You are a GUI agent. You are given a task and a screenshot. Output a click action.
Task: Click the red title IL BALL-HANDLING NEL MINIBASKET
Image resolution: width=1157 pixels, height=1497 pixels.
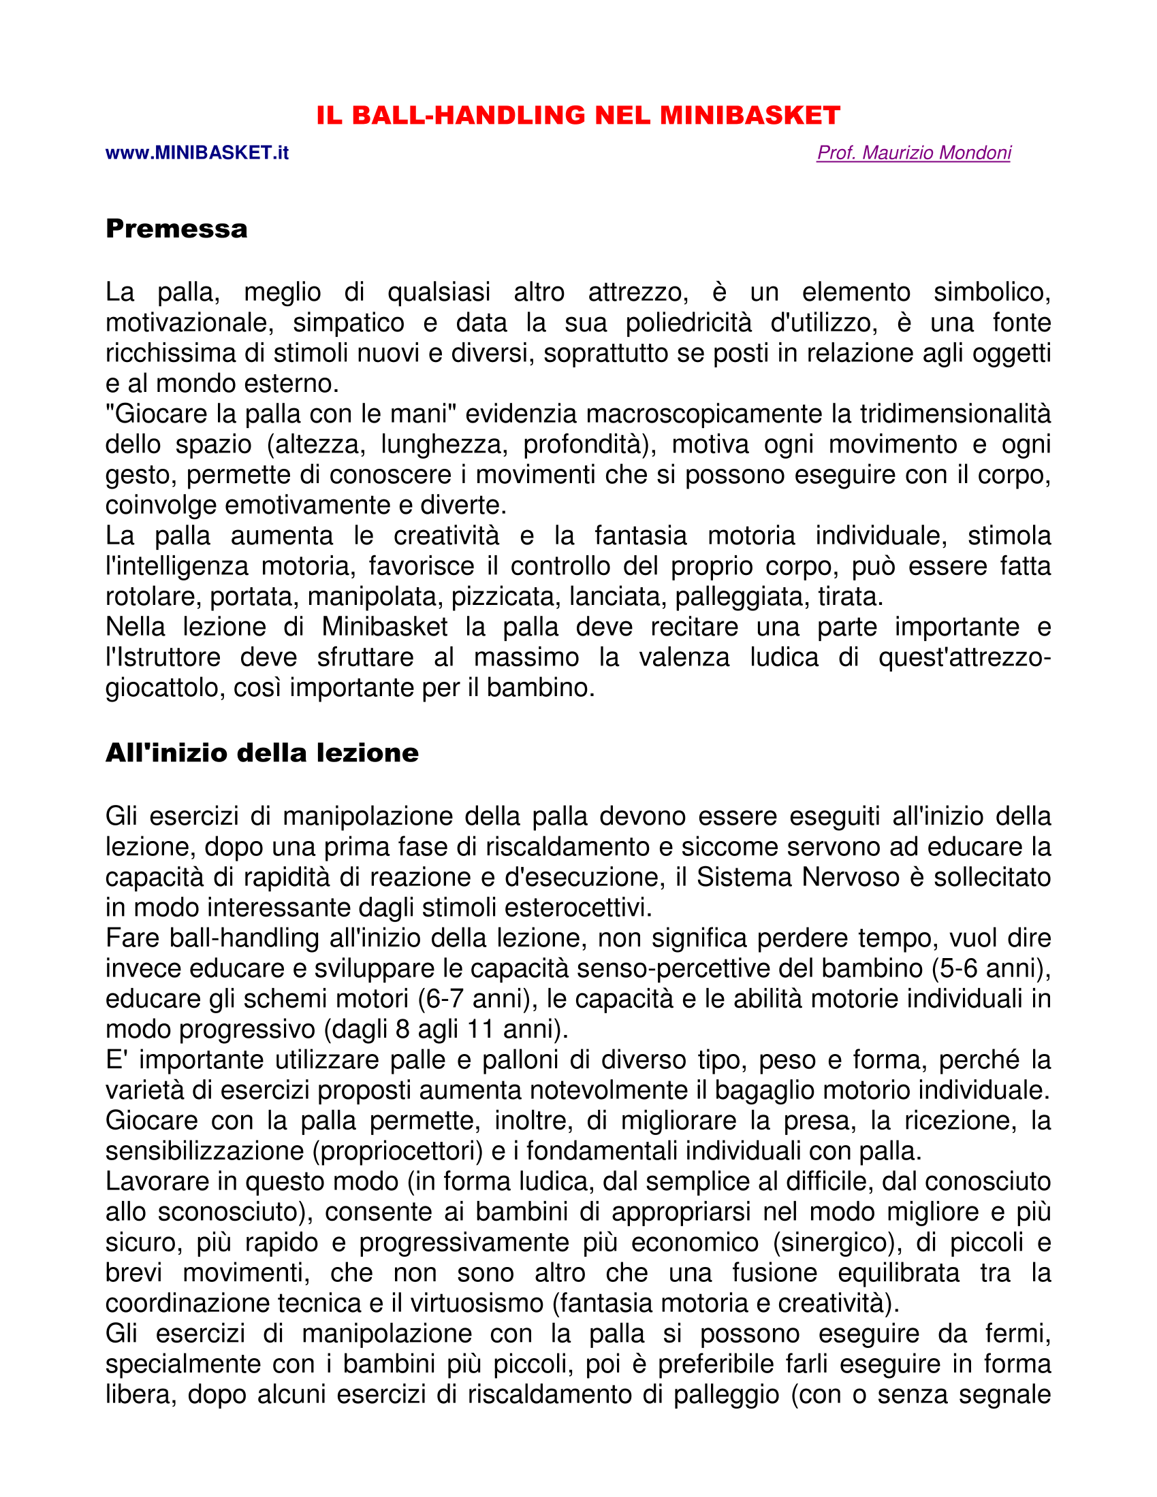pyautogui.click(x=578, y=115)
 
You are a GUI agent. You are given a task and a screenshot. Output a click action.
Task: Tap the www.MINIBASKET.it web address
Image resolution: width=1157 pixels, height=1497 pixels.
pyautogui.click(x=197, y=153)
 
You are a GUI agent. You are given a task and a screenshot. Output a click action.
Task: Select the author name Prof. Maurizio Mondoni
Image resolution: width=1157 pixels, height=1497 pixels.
pyautogui.click(x=913, y=153)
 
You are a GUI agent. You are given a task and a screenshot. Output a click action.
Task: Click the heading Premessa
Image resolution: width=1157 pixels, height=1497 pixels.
pyautogui.click(x=176, y=228)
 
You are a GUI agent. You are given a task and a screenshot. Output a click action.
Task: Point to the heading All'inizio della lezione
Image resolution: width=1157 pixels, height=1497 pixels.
pyautogui.click(x=262, y=753)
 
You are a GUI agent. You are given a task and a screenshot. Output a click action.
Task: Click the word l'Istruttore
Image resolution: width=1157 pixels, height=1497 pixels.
pyautogui.click(x=163, y=657)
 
